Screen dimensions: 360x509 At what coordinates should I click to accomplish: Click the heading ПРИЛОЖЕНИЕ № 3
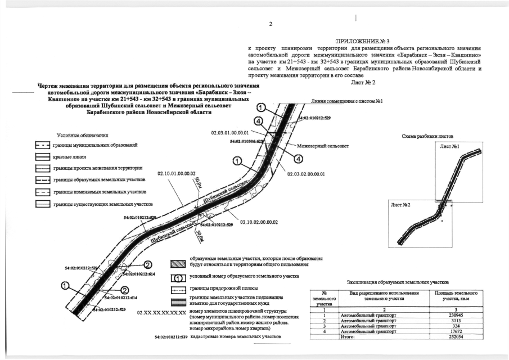pos(362,42)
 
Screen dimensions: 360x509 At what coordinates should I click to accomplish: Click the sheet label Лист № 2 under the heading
pos(363,83)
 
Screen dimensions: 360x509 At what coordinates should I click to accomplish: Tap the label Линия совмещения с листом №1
pos(346,101)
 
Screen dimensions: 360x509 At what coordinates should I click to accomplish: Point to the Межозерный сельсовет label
pos(324,146)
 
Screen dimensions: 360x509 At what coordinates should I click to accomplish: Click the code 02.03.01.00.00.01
pos(229,133)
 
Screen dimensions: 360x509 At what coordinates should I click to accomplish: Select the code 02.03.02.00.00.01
pos(306,174)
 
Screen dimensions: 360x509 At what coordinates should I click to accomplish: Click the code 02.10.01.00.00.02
pos(177,173)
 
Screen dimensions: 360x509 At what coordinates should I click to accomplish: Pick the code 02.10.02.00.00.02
pos(259,222)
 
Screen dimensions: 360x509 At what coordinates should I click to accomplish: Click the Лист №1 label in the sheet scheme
pos(449,147)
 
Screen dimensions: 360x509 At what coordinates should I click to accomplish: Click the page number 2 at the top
pos(270,24)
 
